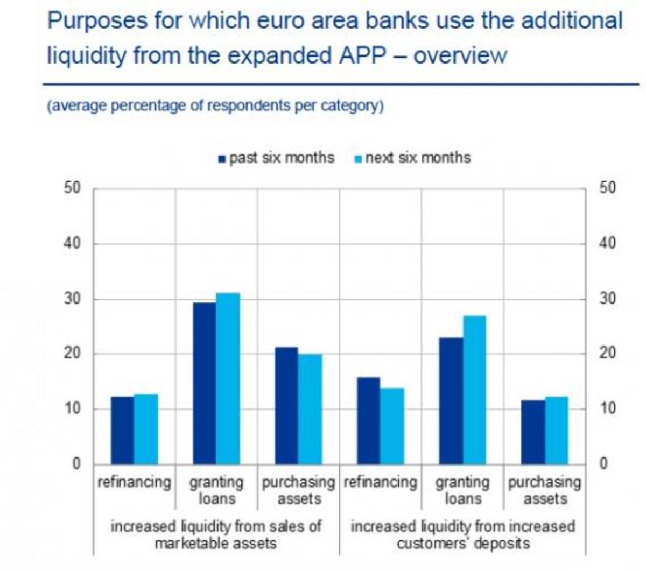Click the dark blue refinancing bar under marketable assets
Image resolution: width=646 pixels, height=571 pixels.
pos(122,431)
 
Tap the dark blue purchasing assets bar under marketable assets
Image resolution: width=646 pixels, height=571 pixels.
pos(286,406)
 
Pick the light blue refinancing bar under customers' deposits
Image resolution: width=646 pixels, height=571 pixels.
pos(391,426)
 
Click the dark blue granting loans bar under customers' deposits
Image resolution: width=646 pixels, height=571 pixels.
pos(451,401)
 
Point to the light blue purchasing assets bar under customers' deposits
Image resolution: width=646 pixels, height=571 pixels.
pos(557,431)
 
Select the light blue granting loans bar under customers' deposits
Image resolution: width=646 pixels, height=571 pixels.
pos(474,390)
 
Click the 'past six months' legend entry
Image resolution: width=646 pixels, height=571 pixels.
pos(276,158)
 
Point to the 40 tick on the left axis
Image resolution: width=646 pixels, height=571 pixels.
pos(72,243)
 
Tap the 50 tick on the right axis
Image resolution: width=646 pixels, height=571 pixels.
pos(607,188)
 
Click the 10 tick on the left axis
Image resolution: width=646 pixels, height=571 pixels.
pos(72,408)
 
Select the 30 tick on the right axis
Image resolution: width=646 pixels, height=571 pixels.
pos(607,299)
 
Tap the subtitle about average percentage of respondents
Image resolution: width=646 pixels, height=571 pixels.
pos(215,105)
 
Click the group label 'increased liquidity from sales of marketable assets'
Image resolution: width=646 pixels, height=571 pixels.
pos(215,534)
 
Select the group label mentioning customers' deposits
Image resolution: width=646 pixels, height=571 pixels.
pos(462,534)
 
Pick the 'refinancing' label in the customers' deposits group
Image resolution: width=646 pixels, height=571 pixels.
pos(381,482)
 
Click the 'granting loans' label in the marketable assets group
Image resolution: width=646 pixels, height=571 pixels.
pos(216,490)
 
